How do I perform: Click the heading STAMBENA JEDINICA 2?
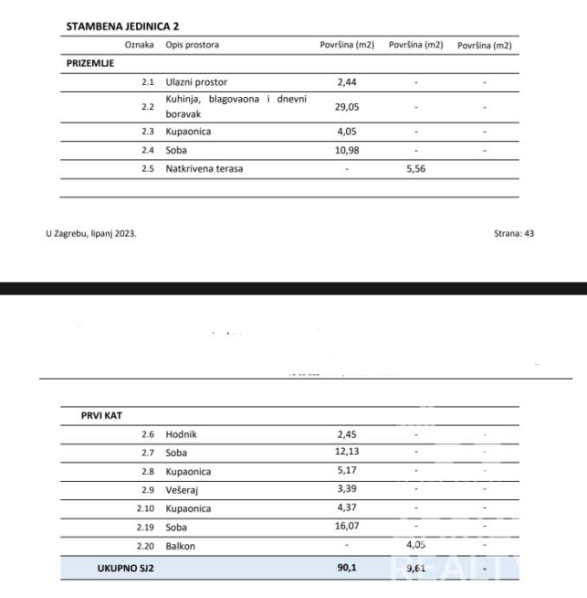point(122,27)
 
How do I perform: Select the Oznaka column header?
point(139,45)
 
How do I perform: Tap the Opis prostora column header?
point(192,45)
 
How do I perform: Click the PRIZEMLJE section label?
point(90,63)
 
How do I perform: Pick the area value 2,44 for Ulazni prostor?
point(347,82)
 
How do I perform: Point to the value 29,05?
point(347,107)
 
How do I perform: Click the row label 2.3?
point(147,132)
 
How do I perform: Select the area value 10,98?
point(347,150)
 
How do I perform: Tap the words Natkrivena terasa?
point(204,168)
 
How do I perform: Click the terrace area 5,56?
point(416,168)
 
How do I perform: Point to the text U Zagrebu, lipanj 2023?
point(91,233)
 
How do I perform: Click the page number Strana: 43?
point(513,233)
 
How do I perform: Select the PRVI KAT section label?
point(101,416)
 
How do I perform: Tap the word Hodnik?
point(180,434)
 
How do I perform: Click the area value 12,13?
point(347,452)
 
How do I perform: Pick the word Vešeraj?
point(182,490)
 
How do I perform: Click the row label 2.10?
point(146,509)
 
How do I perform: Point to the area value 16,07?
point(347,527)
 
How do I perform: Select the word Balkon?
point(180,546)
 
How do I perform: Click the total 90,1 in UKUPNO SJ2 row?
point(347,569)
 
